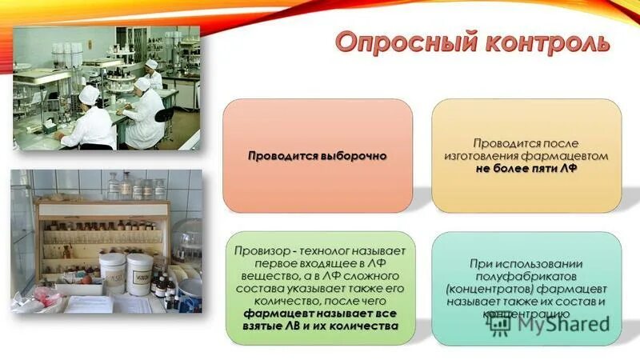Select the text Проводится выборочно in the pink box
click(317, 155)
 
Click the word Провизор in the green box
click(261, 250)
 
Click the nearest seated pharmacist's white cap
click(89, 94)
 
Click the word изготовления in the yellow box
click(479, 155)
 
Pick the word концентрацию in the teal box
click(526, 314)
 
